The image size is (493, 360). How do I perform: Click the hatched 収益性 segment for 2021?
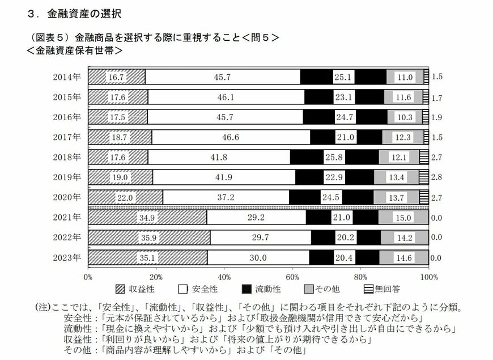(147, 217)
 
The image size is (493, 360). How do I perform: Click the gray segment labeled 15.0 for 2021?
(403, 217)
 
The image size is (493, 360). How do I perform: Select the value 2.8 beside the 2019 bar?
(437, 177)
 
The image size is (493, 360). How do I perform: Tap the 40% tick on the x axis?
(224, 277)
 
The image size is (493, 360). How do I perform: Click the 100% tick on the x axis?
(429, 277)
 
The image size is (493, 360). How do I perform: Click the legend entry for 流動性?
(261, 289)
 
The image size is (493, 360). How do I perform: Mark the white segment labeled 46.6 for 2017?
(230, 137)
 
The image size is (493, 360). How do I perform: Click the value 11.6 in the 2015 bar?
(405, 97)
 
